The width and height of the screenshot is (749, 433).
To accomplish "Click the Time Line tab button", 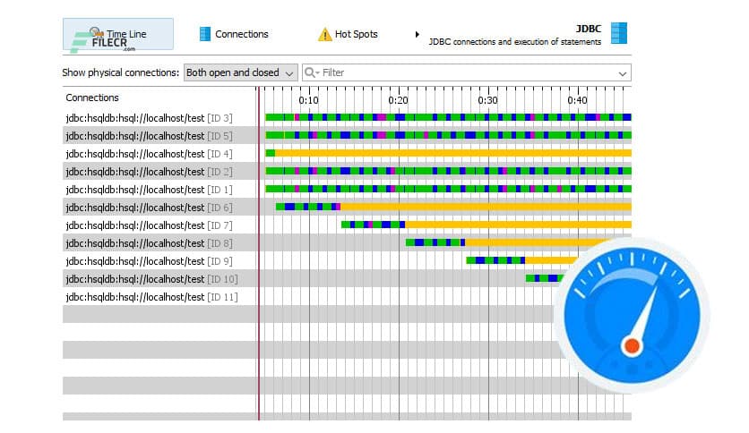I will [117, 34].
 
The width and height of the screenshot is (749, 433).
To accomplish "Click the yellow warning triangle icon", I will [324, 35].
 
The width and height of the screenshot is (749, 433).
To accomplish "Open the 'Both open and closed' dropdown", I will [240, 72].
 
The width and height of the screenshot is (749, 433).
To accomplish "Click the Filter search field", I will [466, 72].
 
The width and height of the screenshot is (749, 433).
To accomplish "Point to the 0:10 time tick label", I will [309, 100].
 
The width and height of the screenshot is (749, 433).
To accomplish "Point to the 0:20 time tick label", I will [399, 100].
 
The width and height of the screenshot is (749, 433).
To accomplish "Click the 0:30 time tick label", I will [488, 100].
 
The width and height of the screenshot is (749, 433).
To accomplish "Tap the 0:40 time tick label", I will [578, 100].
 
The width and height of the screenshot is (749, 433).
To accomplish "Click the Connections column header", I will [92, 98].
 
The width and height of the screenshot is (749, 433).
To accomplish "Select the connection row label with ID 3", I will [149, 117].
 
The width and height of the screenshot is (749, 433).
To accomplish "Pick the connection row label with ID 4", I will [149, 153].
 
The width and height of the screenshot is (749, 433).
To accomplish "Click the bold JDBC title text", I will [588, 28].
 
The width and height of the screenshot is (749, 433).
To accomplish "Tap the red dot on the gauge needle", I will [632, 344].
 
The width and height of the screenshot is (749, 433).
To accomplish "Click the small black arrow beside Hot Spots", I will [417, 35].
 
